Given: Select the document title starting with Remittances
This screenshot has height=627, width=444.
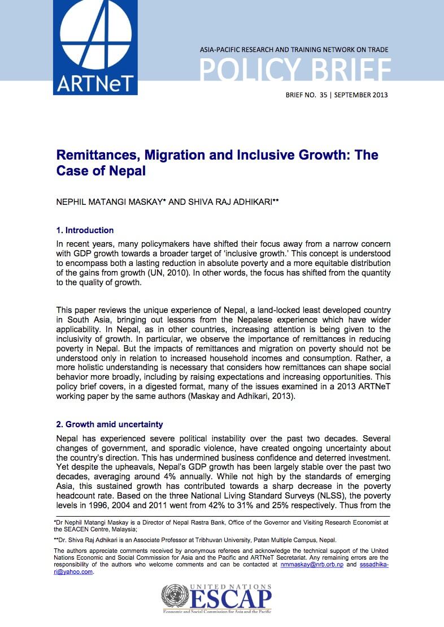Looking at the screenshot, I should tap(217, 162).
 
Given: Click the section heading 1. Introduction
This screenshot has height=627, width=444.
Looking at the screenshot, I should tap(85, 230).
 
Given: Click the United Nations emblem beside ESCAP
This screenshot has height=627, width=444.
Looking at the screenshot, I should tap(175, 597).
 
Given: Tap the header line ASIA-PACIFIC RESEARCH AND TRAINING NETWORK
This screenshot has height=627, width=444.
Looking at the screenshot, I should tap(294, 50).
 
